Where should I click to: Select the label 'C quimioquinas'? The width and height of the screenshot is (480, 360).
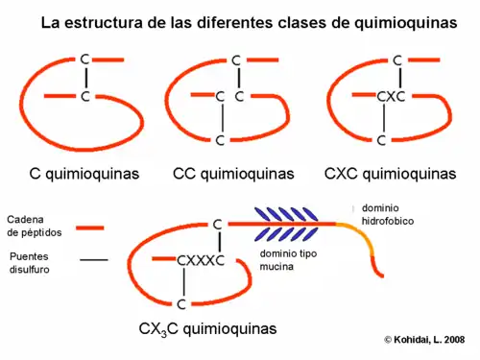click(84, 174)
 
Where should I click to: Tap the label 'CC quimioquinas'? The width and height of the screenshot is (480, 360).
click(233, 174)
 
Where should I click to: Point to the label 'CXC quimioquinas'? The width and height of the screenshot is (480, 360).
click(390, 174)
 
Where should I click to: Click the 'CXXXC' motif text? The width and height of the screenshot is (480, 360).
click(201, 260)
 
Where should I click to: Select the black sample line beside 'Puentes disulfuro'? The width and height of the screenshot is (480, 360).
click(93, 259)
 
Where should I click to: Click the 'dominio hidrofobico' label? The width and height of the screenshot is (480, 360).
click(385, 214)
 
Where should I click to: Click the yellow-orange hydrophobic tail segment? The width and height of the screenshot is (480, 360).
click(359, 239)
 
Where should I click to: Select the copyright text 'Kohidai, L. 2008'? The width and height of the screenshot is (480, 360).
click(429, 339)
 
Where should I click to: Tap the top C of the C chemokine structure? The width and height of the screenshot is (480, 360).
click(85, 60)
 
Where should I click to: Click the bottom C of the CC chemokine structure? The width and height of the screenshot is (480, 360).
click(221, 140)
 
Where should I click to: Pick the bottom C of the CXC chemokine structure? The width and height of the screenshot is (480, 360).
click(382, 140)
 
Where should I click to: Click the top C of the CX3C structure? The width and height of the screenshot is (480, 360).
click(217, 225)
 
